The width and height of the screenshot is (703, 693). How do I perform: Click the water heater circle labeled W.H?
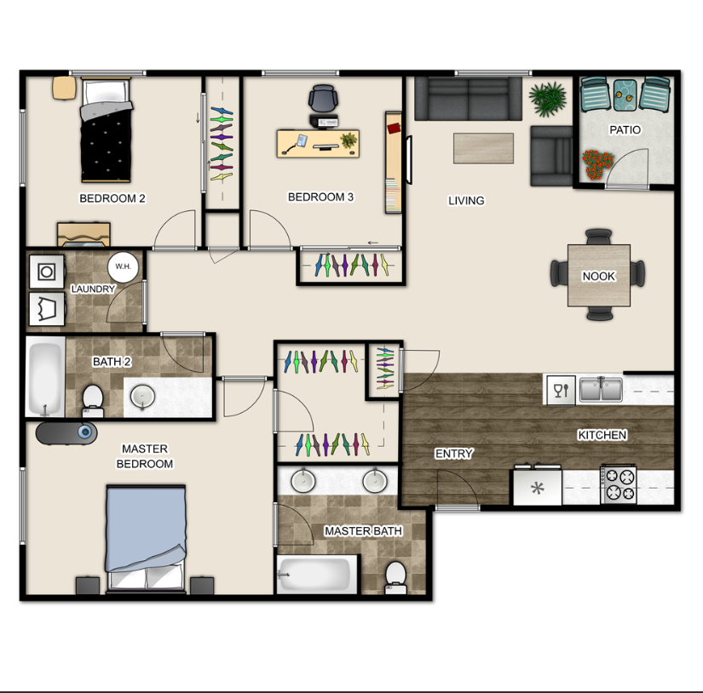(123, 267)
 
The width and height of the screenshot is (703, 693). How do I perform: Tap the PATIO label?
(625, 130)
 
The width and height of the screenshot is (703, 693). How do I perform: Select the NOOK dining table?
(598, 276)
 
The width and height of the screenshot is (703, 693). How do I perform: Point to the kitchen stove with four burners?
(619, 484)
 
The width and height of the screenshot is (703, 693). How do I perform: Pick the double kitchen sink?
(601, 389)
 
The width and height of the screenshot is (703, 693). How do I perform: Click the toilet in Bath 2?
(93, 400)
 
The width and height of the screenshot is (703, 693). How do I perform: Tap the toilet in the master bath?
(395, 577)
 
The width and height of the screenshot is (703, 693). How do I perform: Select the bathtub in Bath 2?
(45, 377)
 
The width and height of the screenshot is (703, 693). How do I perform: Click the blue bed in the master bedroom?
(146, 538)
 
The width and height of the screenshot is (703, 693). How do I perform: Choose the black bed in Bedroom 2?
(107, 130)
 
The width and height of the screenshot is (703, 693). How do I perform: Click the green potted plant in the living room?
(547, 99)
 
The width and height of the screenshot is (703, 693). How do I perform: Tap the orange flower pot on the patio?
(597, 165)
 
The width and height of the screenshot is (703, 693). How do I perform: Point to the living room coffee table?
(483, 148)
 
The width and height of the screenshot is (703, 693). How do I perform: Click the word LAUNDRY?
(93, 289)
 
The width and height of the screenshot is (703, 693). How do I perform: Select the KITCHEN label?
(602, 435)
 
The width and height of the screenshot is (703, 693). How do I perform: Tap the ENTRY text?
(453, 454)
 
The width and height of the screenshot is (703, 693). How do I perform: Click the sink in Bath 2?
(142, 397)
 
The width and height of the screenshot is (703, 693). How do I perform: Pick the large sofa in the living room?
(468, 99)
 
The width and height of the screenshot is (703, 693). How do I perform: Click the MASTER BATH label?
(363, 531)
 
